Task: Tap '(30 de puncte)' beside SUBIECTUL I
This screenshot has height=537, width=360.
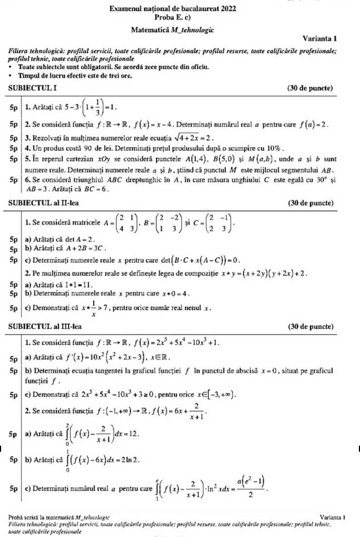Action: (309, 88)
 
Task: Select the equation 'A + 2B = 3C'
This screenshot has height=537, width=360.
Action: (77, 248)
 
